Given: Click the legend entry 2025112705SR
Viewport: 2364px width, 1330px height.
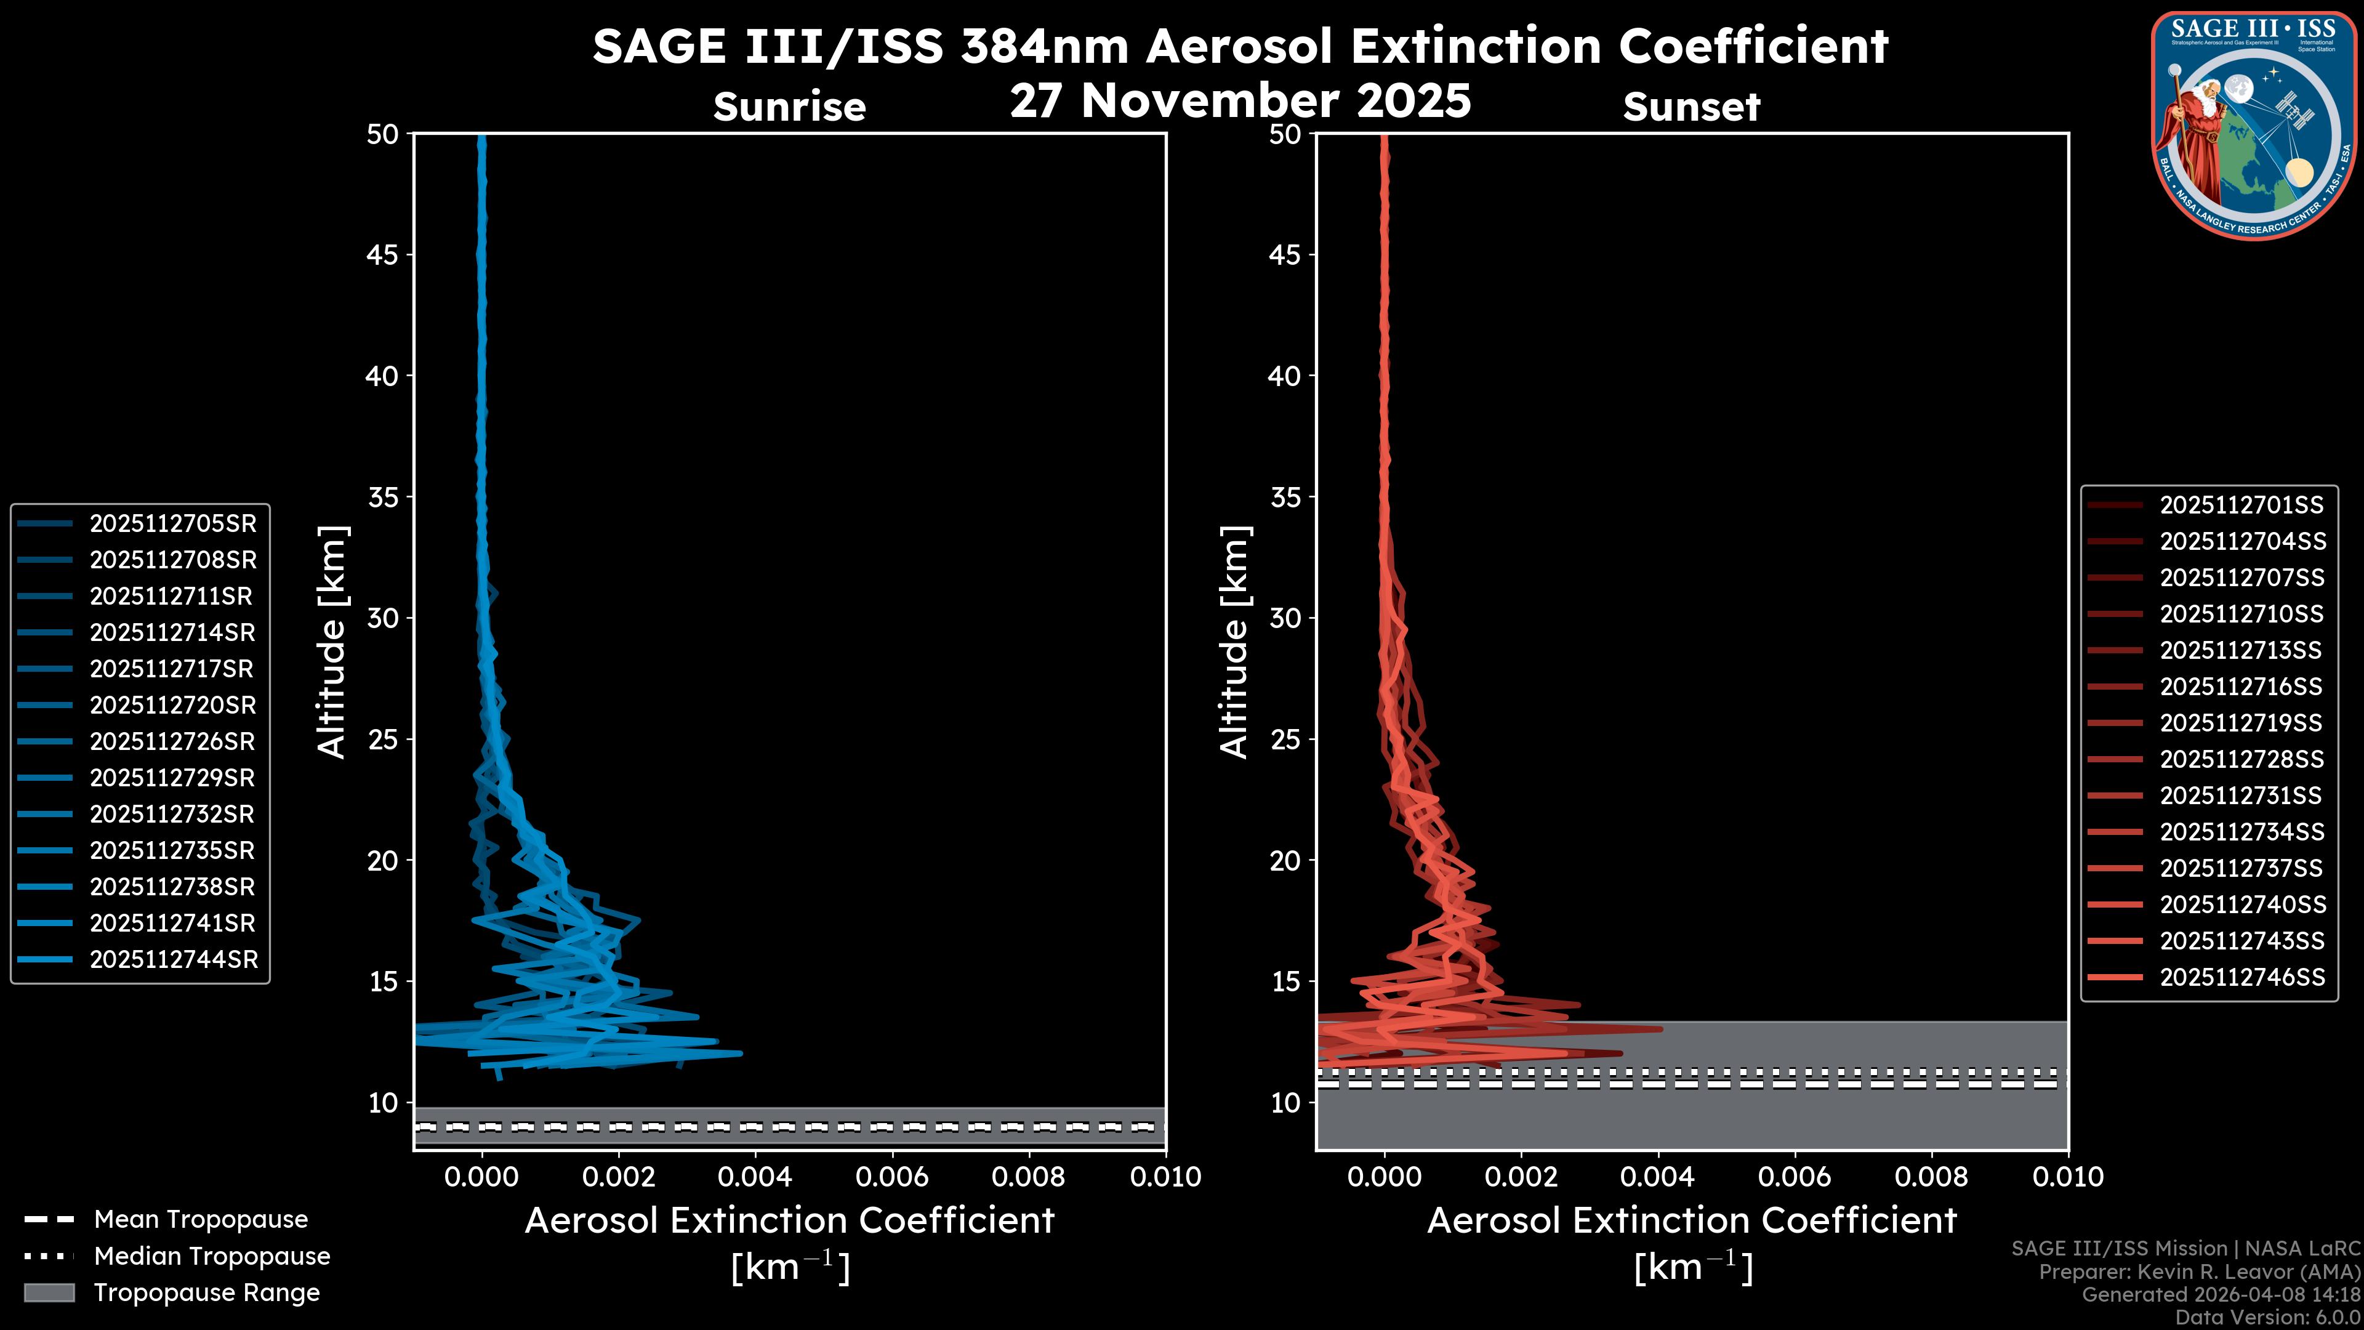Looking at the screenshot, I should click(172, 523).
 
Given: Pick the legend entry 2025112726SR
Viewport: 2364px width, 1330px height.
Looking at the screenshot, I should click(172, 741).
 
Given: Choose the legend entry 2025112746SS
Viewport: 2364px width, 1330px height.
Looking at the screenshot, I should click(2242, 978).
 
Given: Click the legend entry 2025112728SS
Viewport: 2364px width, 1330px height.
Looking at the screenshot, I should click(2242, 759).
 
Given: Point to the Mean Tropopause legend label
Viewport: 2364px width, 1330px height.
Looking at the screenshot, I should click(201, 1219).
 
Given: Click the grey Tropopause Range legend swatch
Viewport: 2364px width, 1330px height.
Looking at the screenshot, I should click(49, 1292).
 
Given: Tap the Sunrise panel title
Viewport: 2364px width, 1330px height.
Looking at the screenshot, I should click(789, 107).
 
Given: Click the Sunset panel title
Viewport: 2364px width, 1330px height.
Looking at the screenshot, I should click(1691, 107).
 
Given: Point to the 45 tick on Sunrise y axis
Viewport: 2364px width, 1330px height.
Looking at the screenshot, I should click(383, 254).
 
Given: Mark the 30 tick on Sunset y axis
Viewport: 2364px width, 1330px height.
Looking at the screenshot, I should click(1285, 618).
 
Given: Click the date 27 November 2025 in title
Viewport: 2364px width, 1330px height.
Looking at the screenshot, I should click(1240, 101).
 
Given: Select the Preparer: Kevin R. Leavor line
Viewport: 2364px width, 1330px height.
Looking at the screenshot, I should click(2199, 1272).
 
